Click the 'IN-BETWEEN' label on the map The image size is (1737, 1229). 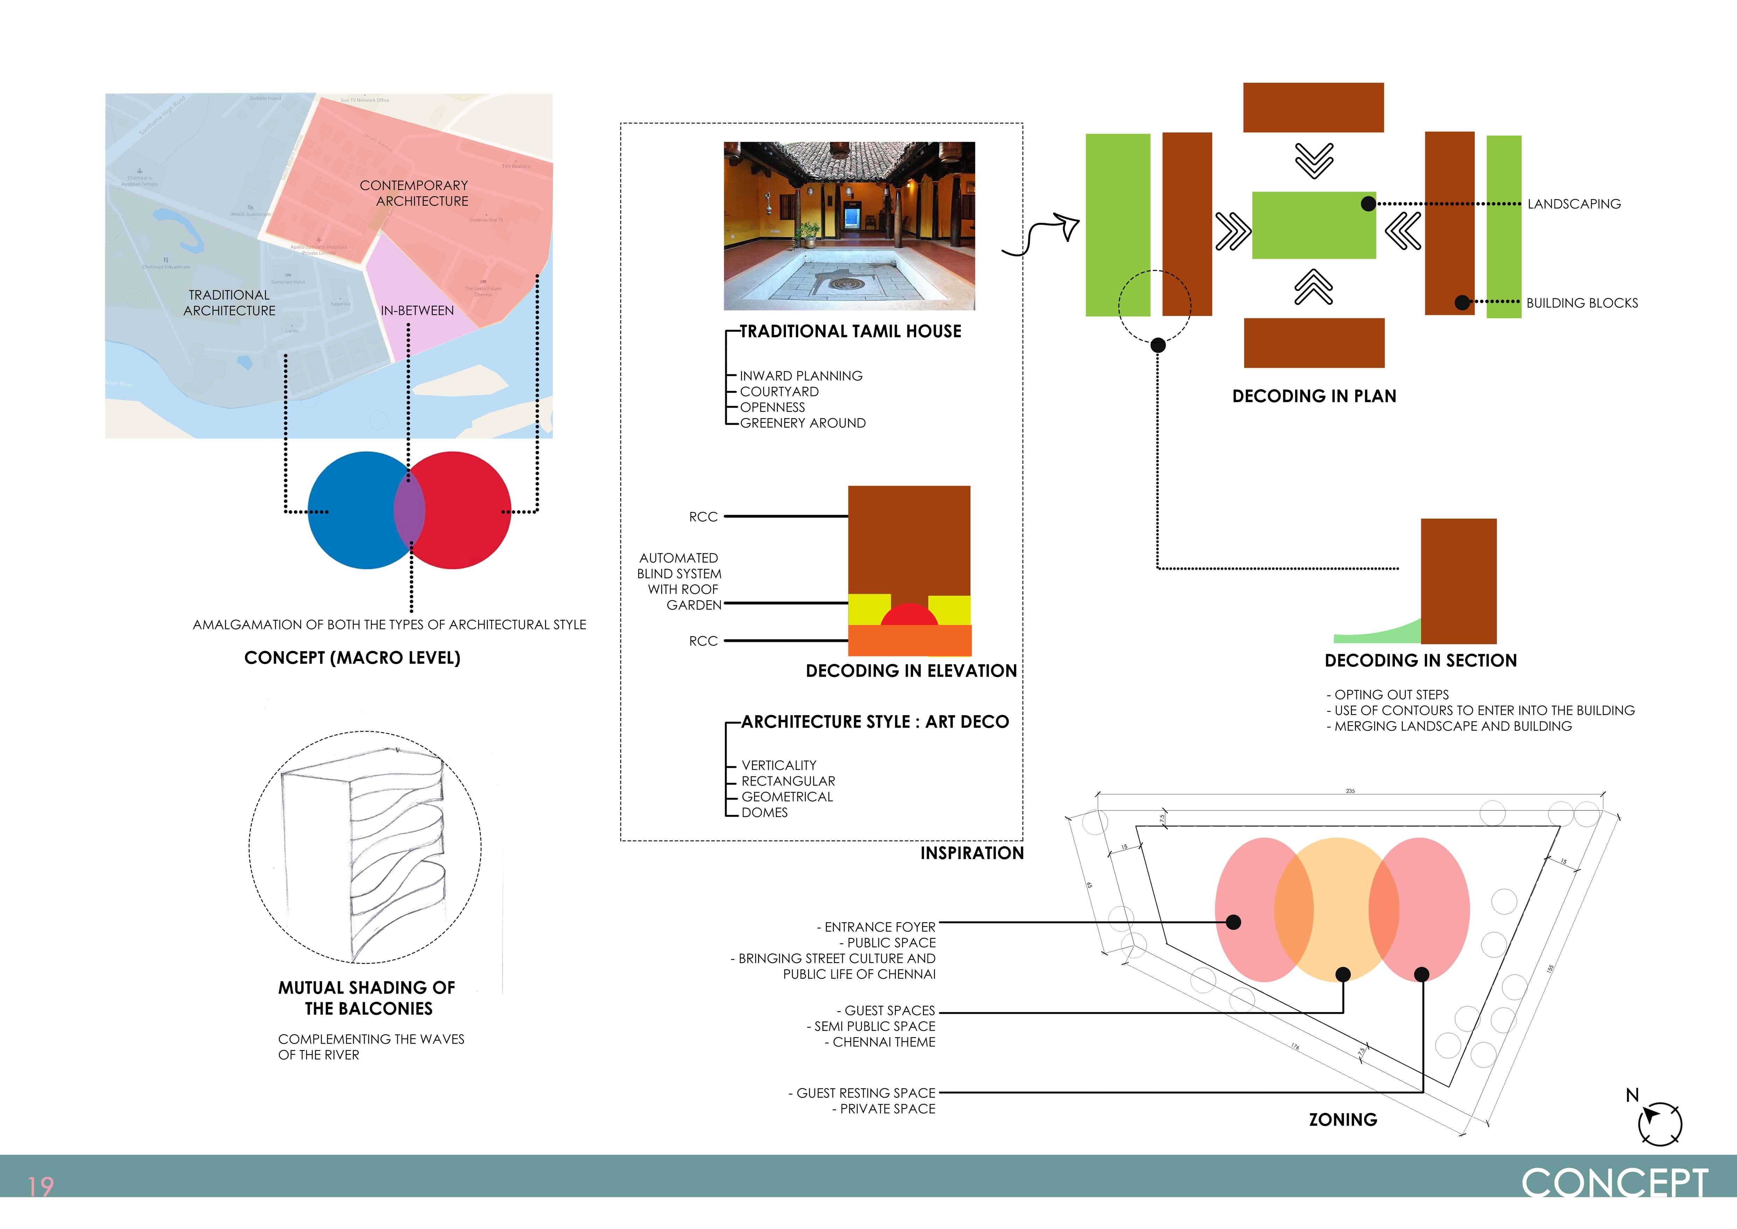point(417,310)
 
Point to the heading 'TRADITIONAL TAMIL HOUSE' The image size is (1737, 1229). point(850,331)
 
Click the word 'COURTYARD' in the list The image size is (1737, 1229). point(779,391)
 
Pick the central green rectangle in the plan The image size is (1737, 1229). point(1313,225)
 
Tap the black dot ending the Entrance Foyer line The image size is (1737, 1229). point(1233,922)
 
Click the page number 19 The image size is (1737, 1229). point(41,1186)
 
